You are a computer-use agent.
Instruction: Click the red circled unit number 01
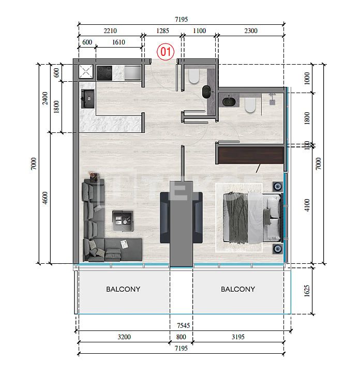pyautogui.click(x=166, y=52)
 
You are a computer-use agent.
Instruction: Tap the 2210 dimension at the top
pyautogui.click(x=110, y=31)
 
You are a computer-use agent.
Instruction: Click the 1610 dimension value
pyautogui.click(x=118, y=43)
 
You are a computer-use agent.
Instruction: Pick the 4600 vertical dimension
pyautogui.click(x=46, y=198)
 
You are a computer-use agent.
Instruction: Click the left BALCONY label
pyautogui.click(x=123, y=289)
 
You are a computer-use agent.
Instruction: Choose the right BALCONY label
pyautogui.click(x=237, y=289)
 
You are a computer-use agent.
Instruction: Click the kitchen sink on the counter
pyautogui.click(x=87, y=98)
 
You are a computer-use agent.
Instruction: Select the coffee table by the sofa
pyautogui.click(x=124, y=220)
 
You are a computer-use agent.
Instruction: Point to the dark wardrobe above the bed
pyautogui.click(x=250, y=154)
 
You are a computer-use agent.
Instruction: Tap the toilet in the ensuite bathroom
pyautogui.click(x=249, y=106)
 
